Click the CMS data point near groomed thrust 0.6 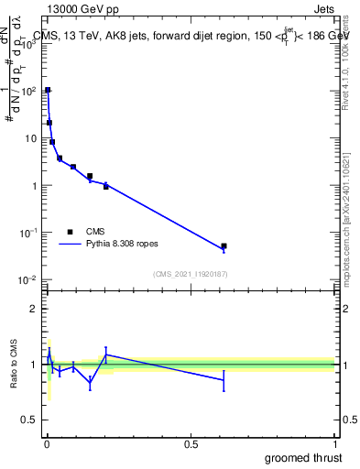click(x=224, y=246)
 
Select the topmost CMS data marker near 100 click(x=48, y=90)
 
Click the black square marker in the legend click(x=70, y=232)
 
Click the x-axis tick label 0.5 click(x=191, y=444)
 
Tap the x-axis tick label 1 click(x=334, y=444)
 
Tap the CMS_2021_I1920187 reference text click(x=190, y=274)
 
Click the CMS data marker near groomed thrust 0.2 click(x=106, y=186)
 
